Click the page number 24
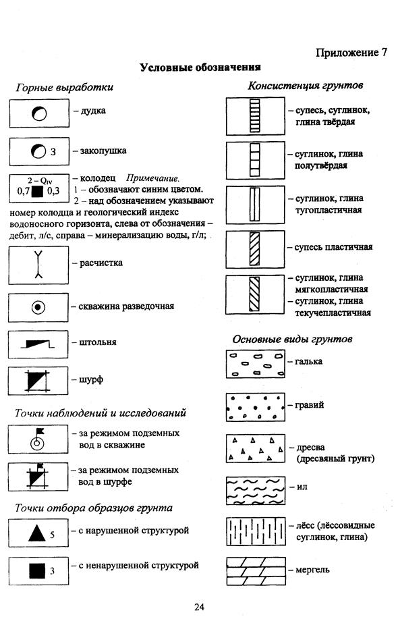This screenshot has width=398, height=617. coord(199,606)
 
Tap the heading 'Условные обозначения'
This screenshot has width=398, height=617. coord(200,68)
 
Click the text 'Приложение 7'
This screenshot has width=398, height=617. coord(351,53)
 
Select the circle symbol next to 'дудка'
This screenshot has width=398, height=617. coord(39,113)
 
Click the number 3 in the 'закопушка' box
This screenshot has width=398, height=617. coord(53,151)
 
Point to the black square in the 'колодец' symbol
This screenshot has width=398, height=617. coord(37,192)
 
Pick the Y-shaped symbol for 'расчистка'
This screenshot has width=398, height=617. coord(38,265)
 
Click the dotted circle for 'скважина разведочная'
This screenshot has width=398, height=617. coord(38,307)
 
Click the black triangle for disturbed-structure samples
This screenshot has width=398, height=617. coord(37,533)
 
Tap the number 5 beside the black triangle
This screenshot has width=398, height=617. coord(52,535)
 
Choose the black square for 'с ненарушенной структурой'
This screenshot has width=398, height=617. coord(37,571)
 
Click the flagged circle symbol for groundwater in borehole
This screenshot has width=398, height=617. coord(37,439)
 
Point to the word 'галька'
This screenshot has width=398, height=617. coord(309,361)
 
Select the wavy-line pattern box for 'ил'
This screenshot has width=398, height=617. coord(256,491)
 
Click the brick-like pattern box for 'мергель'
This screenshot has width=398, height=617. coord(256,571)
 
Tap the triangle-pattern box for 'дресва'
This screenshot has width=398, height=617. coord(256,448)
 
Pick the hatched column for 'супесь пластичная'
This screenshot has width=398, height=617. coord(254,249)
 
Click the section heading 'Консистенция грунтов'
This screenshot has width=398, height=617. coord(305,85)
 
